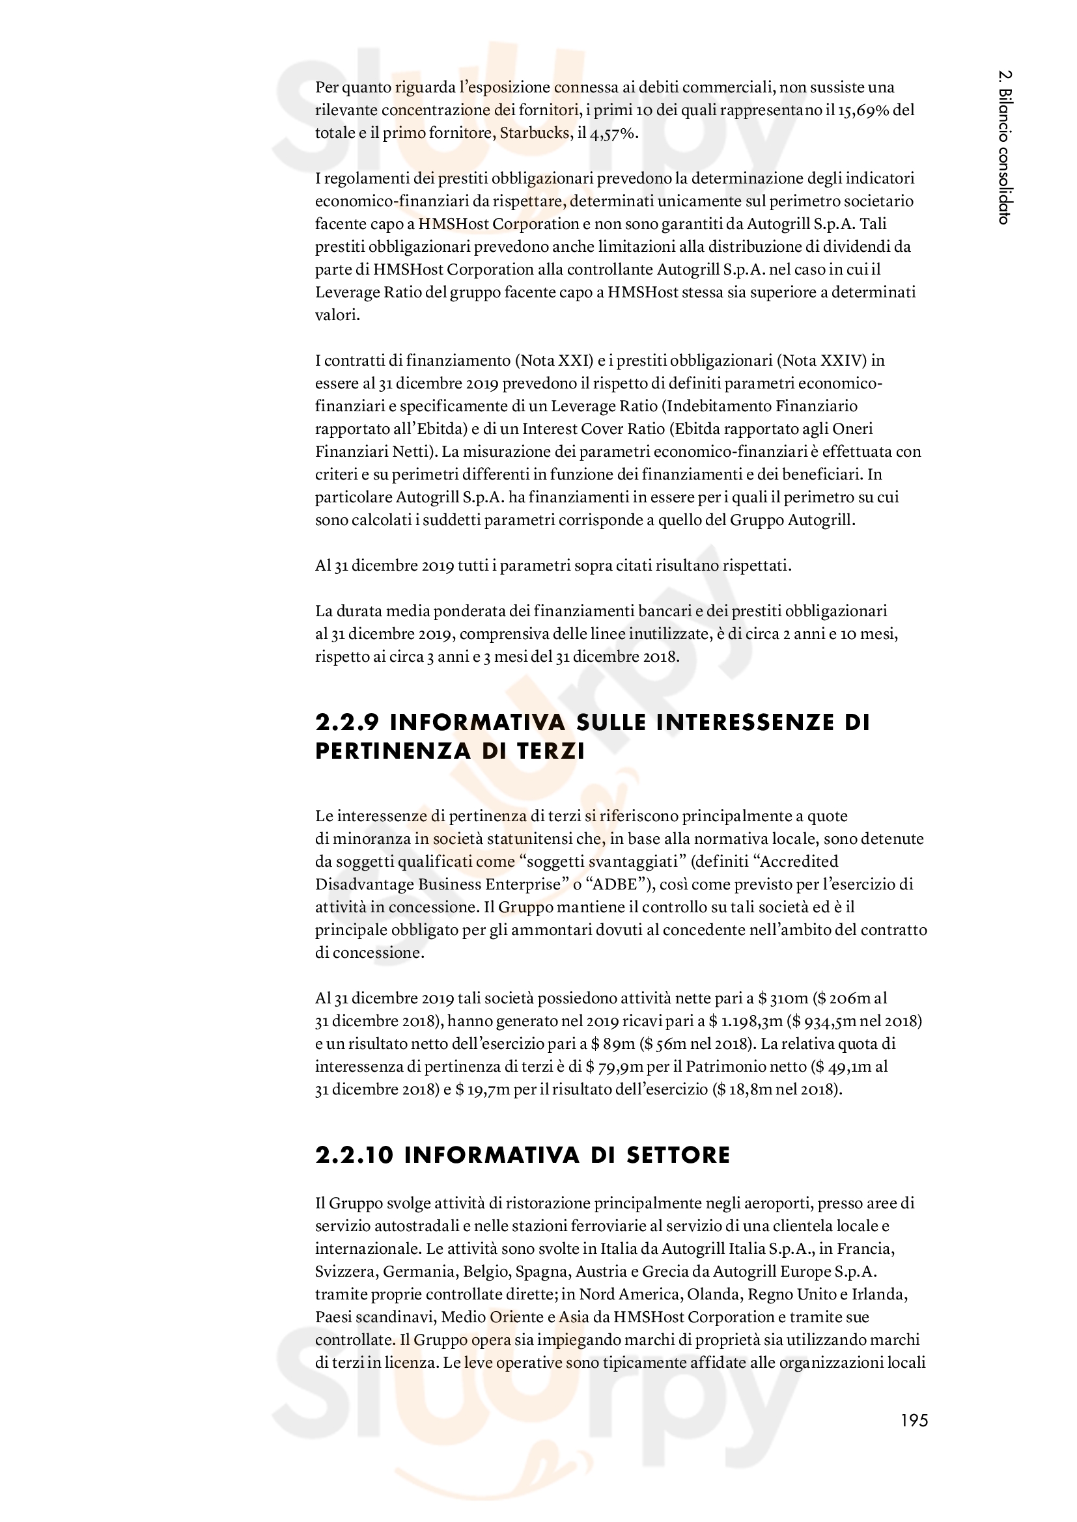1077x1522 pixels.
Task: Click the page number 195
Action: pos(914,1420)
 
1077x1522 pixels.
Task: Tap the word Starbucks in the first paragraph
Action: pos(535,133)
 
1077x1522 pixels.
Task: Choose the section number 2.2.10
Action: pos(355,1156)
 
